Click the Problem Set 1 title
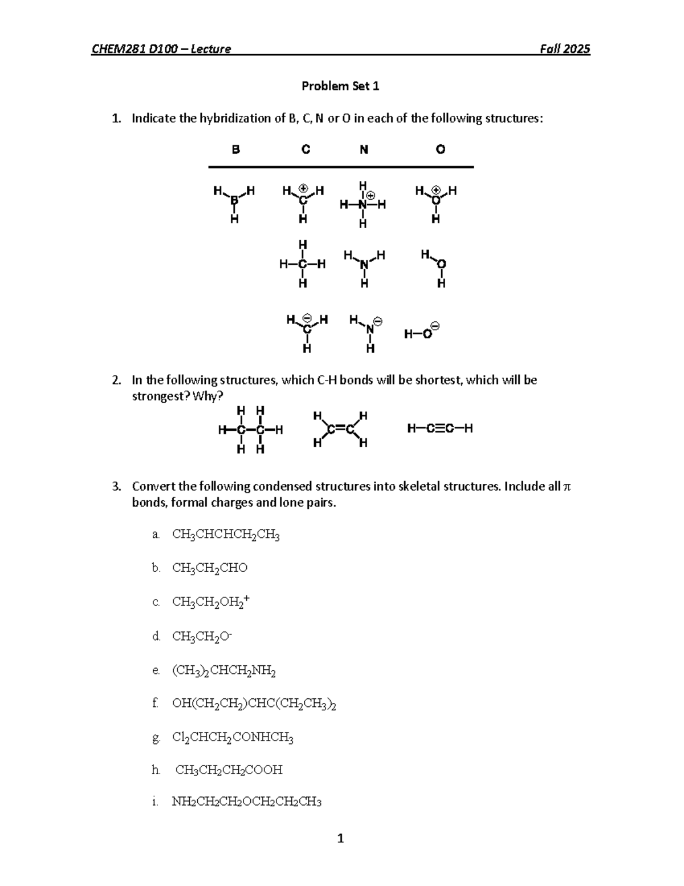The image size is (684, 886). pos(340,86)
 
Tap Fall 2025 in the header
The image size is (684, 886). pos(565,49)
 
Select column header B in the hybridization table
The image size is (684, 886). pos(235,149)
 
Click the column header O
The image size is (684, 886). pos(440,149)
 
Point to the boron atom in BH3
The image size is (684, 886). pos(234,200)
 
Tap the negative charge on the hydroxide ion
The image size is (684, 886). pos(435,326)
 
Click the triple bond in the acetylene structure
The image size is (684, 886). pos(439,428)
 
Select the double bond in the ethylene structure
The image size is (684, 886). pos(341,428)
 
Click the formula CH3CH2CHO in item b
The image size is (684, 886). pos(210,568)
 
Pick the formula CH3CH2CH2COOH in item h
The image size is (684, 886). pos(229,770)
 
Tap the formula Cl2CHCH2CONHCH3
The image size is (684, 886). pos(233,738)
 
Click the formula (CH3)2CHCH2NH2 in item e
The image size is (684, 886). pos(224,671)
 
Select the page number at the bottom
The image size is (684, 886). pos(340,838)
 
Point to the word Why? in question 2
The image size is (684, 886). pos(208,397)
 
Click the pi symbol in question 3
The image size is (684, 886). pos(567,487)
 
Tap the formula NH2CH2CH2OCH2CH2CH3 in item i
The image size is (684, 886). pos(247,802)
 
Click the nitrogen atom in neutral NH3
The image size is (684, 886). pos(365,265)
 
